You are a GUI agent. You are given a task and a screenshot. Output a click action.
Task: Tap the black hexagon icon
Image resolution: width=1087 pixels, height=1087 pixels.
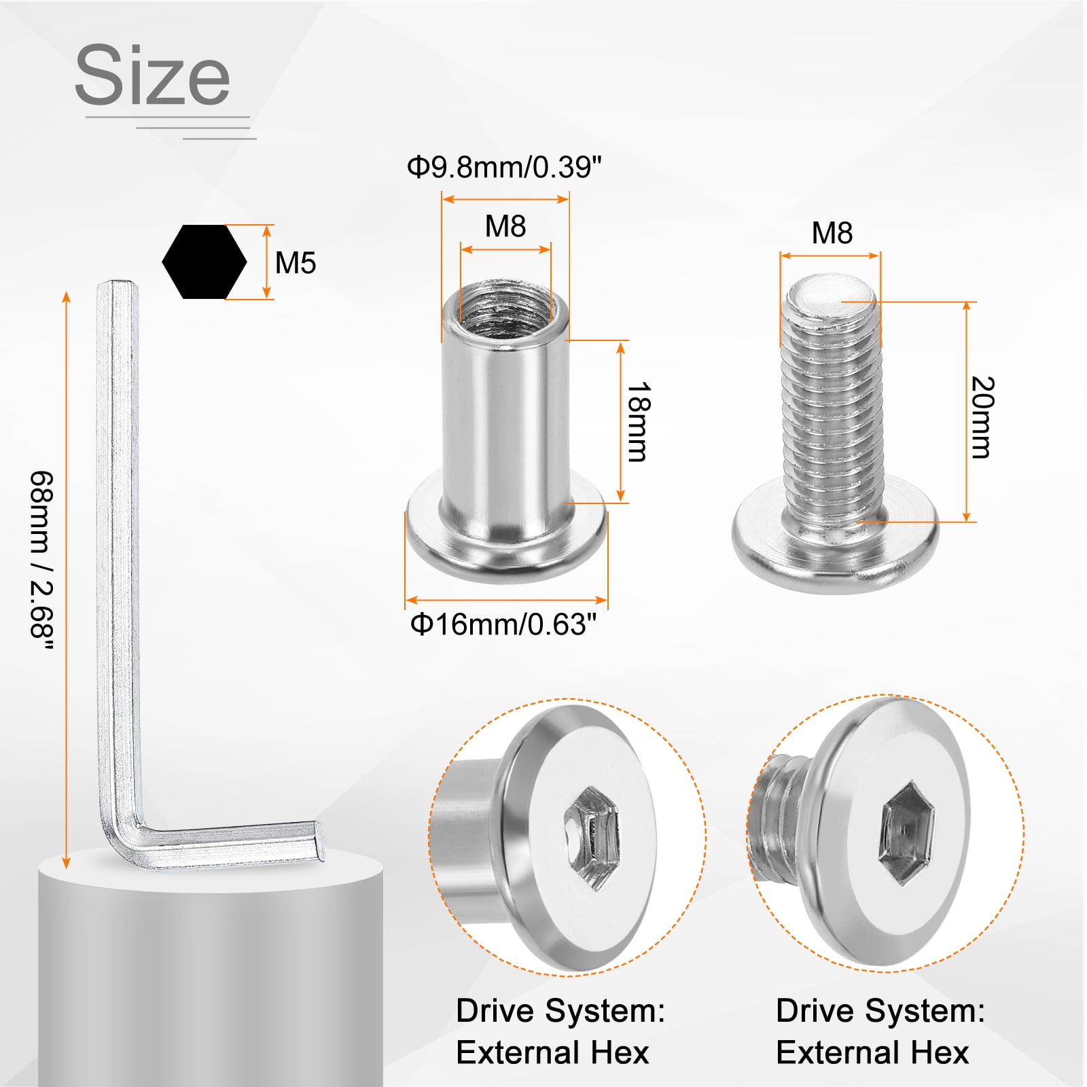pos(204,262)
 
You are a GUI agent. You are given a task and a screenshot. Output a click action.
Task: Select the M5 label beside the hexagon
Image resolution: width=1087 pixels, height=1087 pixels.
pos(296,263)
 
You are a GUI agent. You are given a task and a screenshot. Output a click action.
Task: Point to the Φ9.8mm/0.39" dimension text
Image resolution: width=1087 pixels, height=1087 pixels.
pos(504,166)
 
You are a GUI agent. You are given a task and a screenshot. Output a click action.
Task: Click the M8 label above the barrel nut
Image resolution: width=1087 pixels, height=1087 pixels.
pos(505,226)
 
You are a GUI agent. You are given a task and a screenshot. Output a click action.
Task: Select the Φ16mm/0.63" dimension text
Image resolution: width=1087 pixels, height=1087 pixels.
pos(503,624)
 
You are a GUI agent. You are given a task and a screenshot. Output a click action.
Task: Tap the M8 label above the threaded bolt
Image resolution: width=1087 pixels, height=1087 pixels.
pos(832,233)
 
